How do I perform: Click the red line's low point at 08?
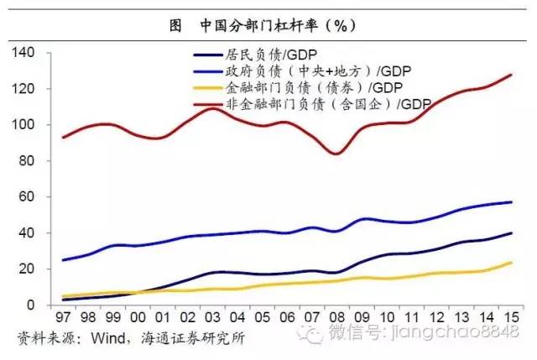[336, 154]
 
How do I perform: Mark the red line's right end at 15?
[512, 75]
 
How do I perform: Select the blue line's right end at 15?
[512, 202]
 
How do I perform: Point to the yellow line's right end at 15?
[512, 263]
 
